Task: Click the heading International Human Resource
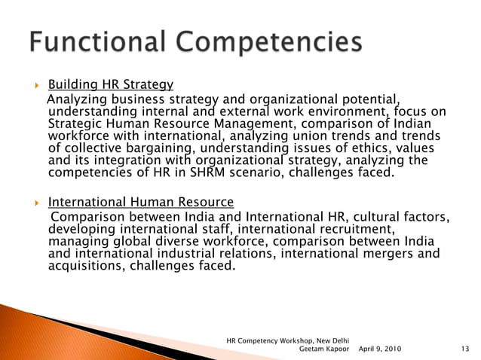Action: (141, 202)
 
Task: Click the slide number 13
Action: (464, 349)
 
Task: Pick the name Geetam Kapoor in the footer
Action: (326, 349)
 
